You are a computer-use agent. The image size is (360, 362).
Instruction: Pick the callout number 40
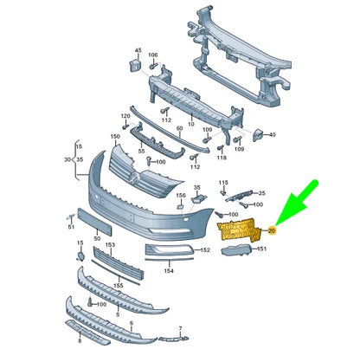click(272, 135)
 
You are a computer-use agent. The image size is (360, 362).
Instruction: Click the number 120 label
click(125, 115)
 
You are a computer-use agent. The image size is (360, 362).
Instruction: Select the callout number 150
click(115, 136)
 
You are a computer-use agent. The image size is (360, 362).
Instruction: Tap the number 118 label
click(221, 158)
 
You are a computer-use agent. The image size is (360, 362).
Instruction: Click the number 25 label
click(263, 192)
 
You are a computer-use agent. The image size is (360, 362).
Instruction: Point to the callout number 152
click(205, 250)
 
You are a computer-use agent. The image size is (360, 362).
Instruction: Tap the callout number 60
click(180, 127)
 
